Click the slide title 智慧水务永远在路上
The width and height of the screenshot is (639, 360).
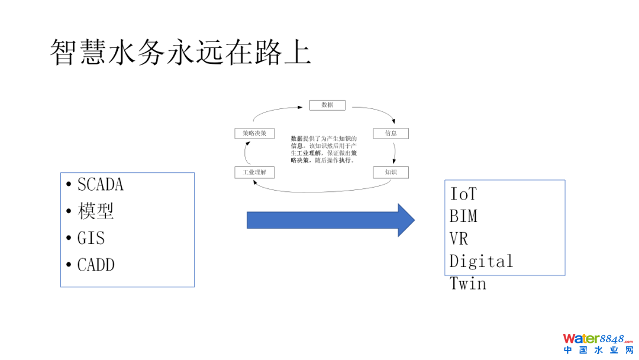coord(180,53)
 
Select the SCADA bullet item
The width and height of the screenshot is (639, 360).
coord(100,185)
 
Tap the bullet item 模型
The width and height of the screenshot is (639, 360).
coord(95,211)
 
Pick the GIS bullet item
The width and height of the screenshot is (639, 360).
coord(91,238)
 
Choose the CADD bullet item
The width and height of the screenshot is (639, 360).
coord(95,265)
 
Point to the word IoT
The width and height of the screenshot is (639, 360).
coord(463,194)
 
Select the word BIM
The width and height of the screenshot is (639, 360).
coord(463,216)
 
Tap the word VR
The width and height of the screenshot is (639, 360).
coord(459,239)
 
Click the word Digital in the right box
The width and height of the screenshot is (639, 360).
coord(480,261)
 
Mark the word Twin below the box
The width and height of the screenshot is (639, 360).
coord(467,284)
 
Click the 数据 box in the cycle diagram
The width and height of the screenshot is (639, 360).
coord(327,105)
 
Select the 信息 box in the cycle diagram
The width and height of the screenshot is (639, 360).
coord(390,133)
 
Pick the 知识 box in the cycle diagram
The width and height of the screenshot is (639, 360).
coord(390,172)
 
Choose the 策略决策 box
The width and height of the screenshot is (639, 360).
coord(254,133)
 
